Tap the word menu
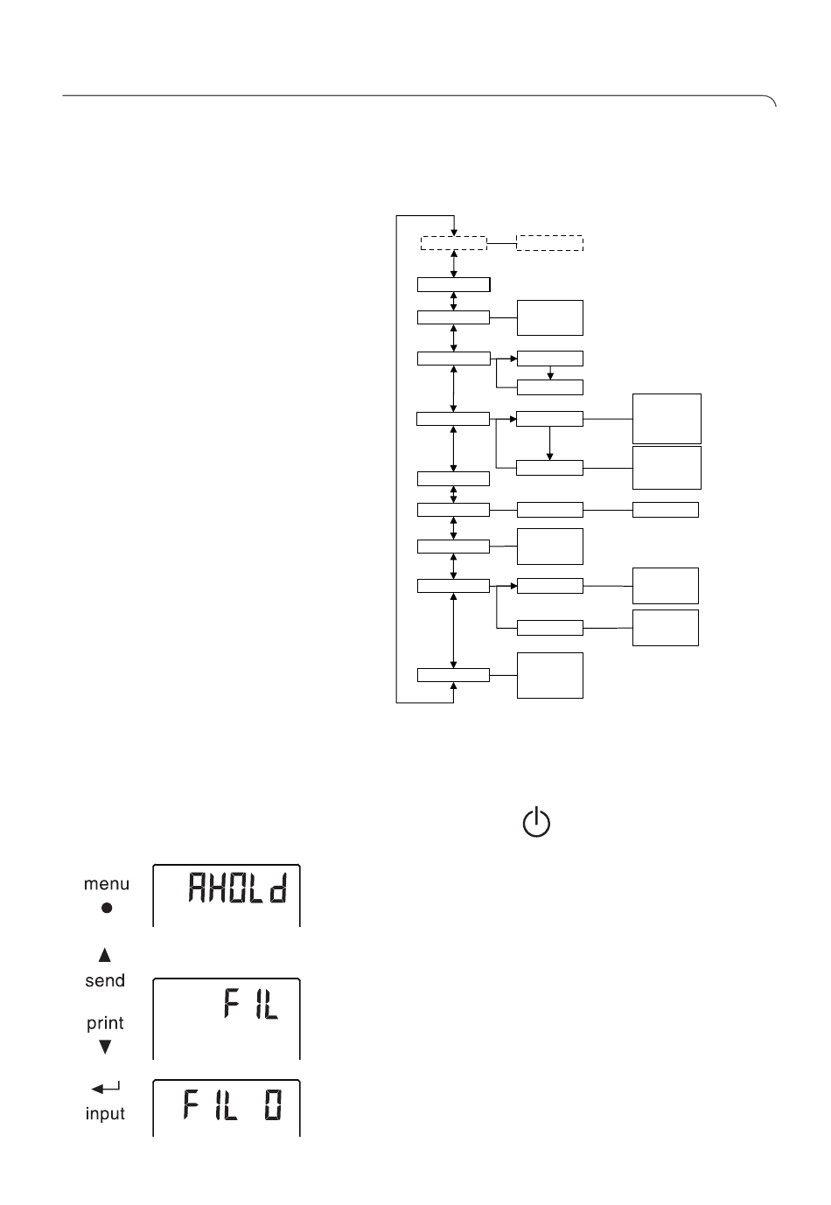pyautogui.click(x=106, y=884)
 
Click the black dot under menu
pyautogui.click(x=107, y=908)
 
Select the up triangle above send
pyautogui.click(x=105, y=956)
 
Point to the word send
pyautogui.click(x=105, y=980)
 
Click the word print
pyautogui.click(x=105, y=1022)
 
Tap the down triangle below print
pyautogui.click(x=105, y=1046)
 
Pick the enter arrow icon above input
pyautogui.click(x=105, y=1089)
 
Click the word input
pyautogui.click(x=105, y=1114)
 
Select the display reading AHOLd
pyautogui.click(x=227, y=895)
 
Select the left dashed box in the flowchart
pyautogui.click(x=453, y=243)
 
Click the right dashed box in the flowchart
pyautogui.click(x=549, y=243)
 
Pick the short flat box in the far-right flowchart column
pyautogui.click(x=665, y=509)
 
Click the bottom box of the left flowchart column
pyautogui.click(x=453, y=675)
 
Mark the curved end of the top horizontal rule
pyautogui.click(x=772, y=101)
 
